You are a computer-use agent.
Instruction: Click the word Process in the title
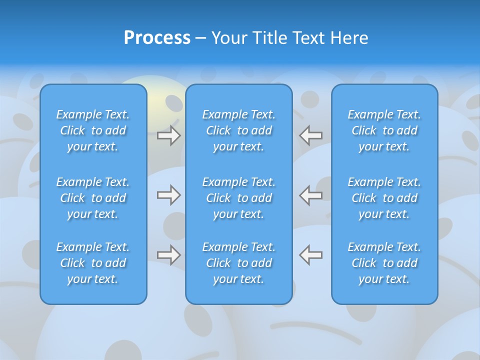tap(157, 38)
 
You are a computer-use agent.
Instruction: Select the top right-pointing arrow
tap(168, 135)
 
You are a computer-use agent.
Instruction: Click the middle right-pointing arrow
tap(168, 195)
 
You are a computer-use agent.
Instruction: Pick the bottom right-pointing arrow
tap(168, 255)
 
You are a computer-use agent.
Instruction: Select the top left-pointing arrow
tap(311, 135)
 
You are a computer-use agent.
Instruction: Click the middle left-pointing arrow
tap(311, 195)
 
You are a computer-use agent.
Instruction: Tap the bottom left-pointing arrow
tap(311, 255)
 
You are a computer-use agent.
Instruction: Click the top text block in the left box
tap(93, 130)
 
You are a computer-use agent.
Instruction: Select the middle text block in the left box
tap(93, 198)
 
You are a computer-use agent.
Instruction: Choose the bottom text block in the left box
tap(93, 263)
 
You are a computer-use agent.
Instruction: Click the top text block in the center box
tap(238, 130)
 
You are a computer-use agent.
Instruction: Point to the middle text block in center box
tap(238, 198)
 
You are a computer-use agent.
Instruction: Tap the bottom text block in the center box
tap(238, 263)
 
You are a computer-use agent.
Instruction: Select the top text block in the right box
tap(384, 130)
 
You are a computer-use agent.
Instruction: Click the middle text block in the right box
tap(384, 198)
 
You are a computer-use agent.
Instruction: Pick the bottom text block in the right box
tap(384, 263)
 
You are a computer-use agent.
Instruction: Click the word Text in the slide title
tap(308, 38)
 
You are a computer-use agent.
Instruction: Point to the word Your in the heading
tap(229, 38)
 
